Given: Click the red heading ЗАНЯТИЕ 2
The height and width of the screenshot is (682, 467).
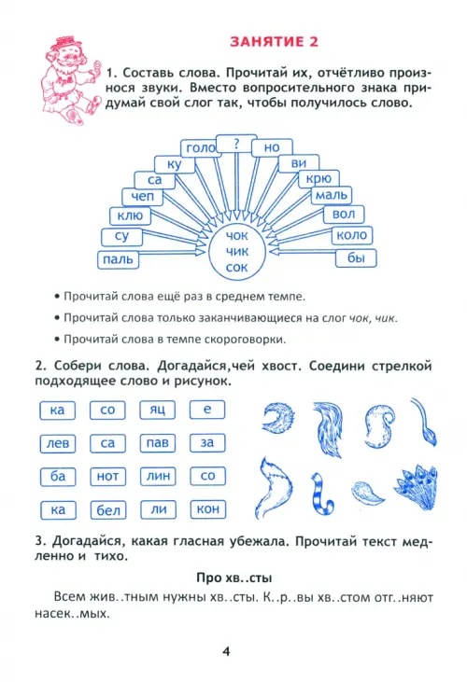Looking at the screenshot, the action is (274, 42).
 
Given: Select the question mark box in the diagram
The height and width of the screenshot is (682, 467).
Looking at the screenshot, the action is (236, 144).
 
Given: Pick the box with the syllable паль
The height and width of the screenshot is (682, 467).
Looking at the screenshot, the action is (118, 259).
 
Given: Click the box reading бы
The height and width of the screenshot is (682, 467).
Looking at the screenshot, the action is (356, 257).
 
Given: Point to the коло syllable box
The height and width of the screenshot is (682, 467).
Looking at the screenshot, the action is (352, 235).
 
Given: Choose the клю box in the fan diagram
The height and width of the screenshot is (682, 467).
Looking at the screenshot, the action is (130, 216).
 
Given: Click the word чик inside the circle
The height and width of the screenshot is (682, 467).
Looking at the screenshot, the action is (236, 251).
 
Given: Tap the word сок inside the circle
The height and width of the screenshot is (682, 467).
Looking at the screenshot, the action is (236, 267).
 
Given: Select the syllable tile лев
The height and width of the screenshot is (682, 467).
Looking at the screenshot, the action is (58, 444).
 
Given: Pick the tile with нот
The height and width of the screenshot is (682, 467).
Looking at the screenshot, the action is (107, 477).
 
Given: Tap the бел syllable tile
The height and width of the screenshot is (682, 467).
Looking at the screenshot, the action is (108, 510).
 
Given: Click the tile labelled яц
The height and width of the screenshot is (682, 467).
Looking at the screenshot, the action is (157, 410).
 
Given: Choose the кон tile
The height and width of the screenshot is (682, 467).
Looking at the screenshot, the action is (208, 509).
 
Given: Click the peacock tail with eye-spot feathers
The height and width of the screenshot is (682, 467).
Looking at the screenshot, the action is (416, 487).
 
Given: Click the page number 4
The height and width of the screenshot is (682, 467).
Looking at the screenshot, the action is (226, 651).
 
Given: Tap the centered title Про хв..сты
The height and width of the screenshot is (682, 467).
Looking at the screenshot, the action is (234, 578).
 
